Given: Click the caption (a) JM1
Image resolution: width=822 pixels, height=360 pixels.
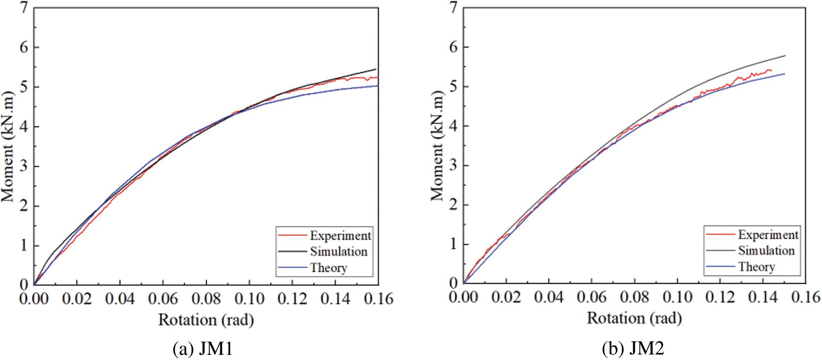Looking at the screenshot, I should coord(203,349).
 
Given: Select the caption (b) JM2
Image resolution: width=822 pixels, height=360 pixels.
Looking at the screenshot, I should coord(633,349).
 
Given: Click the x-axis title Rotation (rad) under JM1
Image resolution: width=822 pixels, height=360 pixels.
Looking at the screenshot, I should coord(206,320).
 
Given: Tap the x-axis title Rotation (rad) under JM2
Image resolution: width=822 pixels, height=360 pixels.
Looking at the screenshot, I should coord(634,318).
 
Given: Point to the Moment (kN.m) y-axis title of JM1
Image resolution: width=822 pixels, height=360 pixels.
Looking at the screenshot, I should coord(8,146).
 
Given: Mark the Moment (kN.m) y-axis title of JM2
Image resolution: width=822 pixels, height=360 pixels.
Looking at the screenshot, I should coord(437,145).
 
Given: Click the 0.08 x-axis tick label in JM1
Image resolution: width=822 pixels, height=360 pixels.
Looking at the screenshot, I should coord(206,299).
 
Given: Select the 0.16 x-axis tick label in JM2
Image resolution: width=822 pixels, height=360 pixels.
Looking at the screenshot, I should coord(805,297).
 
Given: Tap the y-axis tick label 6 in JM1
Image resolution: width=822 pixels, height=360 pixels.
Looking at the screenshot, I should coord(24,47).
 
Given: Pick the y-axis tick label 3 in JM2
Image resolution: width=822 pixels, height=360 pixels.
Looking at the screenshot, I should coord(453,165).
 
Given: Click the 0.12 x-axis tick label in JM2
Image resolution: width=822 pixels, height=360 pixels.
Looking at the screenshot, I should coord(720,297).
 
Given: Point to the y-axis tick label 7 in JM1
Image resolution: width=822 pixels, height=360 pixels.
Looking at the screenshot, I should coord(24,8).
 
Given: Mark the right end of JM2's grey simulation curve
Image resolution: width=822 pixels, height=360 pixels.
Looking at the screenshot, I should coord(785,56).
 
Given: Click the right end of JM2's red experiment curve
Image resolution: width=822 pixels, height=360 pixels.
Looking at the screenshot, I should coord(771,70).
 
